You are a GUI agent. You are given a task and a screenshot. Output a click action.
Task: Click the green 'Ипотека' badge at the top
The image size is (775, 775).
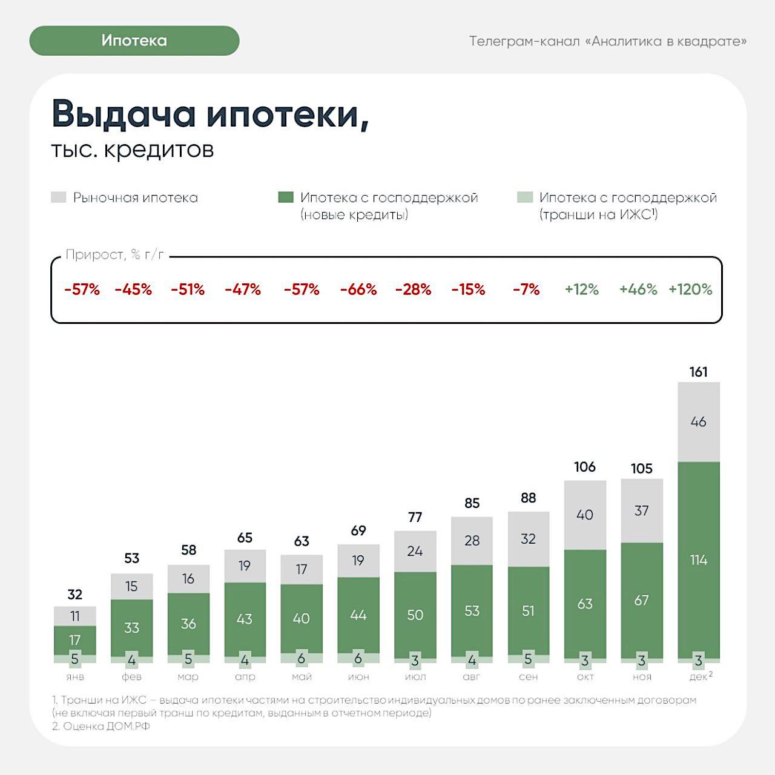134,41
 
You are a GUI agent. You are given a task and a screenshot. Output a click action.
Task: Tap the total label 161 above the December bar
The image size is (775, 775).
698,372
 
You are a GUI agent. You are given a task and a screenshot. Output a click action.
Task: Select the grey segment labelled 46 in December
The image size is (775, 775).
698,422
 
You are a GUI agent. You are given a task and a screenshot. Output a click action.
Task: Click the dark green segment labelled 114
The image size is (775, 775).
698,560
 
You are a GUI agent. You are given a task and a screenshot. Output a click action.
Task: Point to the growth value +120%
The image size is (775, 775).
690,289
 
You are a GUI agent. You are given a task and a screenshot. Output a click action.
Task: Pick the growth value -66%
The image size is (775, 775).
358,289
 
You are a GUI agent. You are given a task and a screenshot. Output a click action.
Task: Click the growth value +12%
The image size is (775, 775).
581,289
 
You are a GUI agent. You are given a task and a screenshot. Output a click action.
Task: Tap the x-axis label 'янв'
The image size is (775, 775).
75,677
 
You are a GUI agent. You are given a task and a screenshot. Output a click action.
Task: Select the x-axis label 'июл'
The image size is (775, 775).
415,677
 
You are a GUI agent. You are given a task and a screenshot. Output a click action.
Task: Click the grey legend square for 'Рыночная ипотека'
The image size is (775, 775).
59,197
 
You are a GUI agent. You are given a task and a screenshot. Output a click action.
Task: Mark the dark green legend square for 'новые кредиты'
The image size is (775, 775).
286,197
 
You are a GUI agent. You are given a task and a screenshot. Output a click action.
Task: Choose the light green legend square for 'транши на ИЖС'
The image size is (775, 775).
525,197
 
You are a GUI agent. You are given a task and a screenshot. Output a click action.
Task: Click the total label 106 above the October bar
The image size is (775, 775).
585,467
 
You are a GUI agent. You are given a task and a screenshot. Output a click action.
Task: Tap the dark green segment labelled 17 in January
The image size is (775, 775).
75,640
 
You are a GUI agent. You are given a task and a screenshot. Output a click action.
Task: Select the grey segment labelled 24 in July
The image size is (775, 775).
415,551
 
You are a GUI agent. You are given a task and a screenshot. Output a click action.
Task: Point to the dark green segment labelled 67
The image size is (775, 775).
641,600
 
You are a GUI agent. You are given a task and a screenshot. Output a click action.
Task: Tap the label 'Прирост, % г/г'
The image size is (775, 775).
115,255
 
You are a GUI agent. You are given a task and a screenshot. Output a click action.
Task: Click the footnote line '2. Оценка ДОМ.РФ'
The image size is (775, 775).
101,726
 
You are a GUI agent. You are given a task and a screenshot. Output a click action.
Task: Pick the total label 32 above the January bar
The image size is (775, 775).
75,595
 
